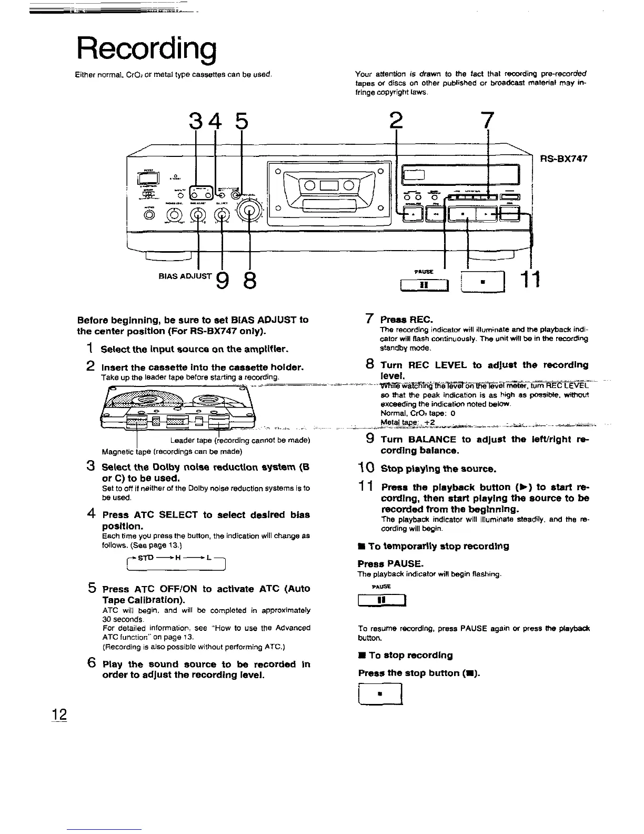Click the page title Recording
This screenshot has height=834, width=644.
146,49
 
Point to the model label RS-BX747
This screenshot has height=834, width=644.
562,158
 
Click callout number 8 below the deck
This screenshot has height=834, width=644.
250,283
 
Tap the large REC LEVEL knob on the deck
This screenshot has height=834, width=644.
250,211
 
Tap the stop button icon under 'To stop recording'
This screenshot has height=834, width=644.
380,694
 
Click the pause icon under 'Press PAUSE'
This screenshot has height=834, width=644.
380,600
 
